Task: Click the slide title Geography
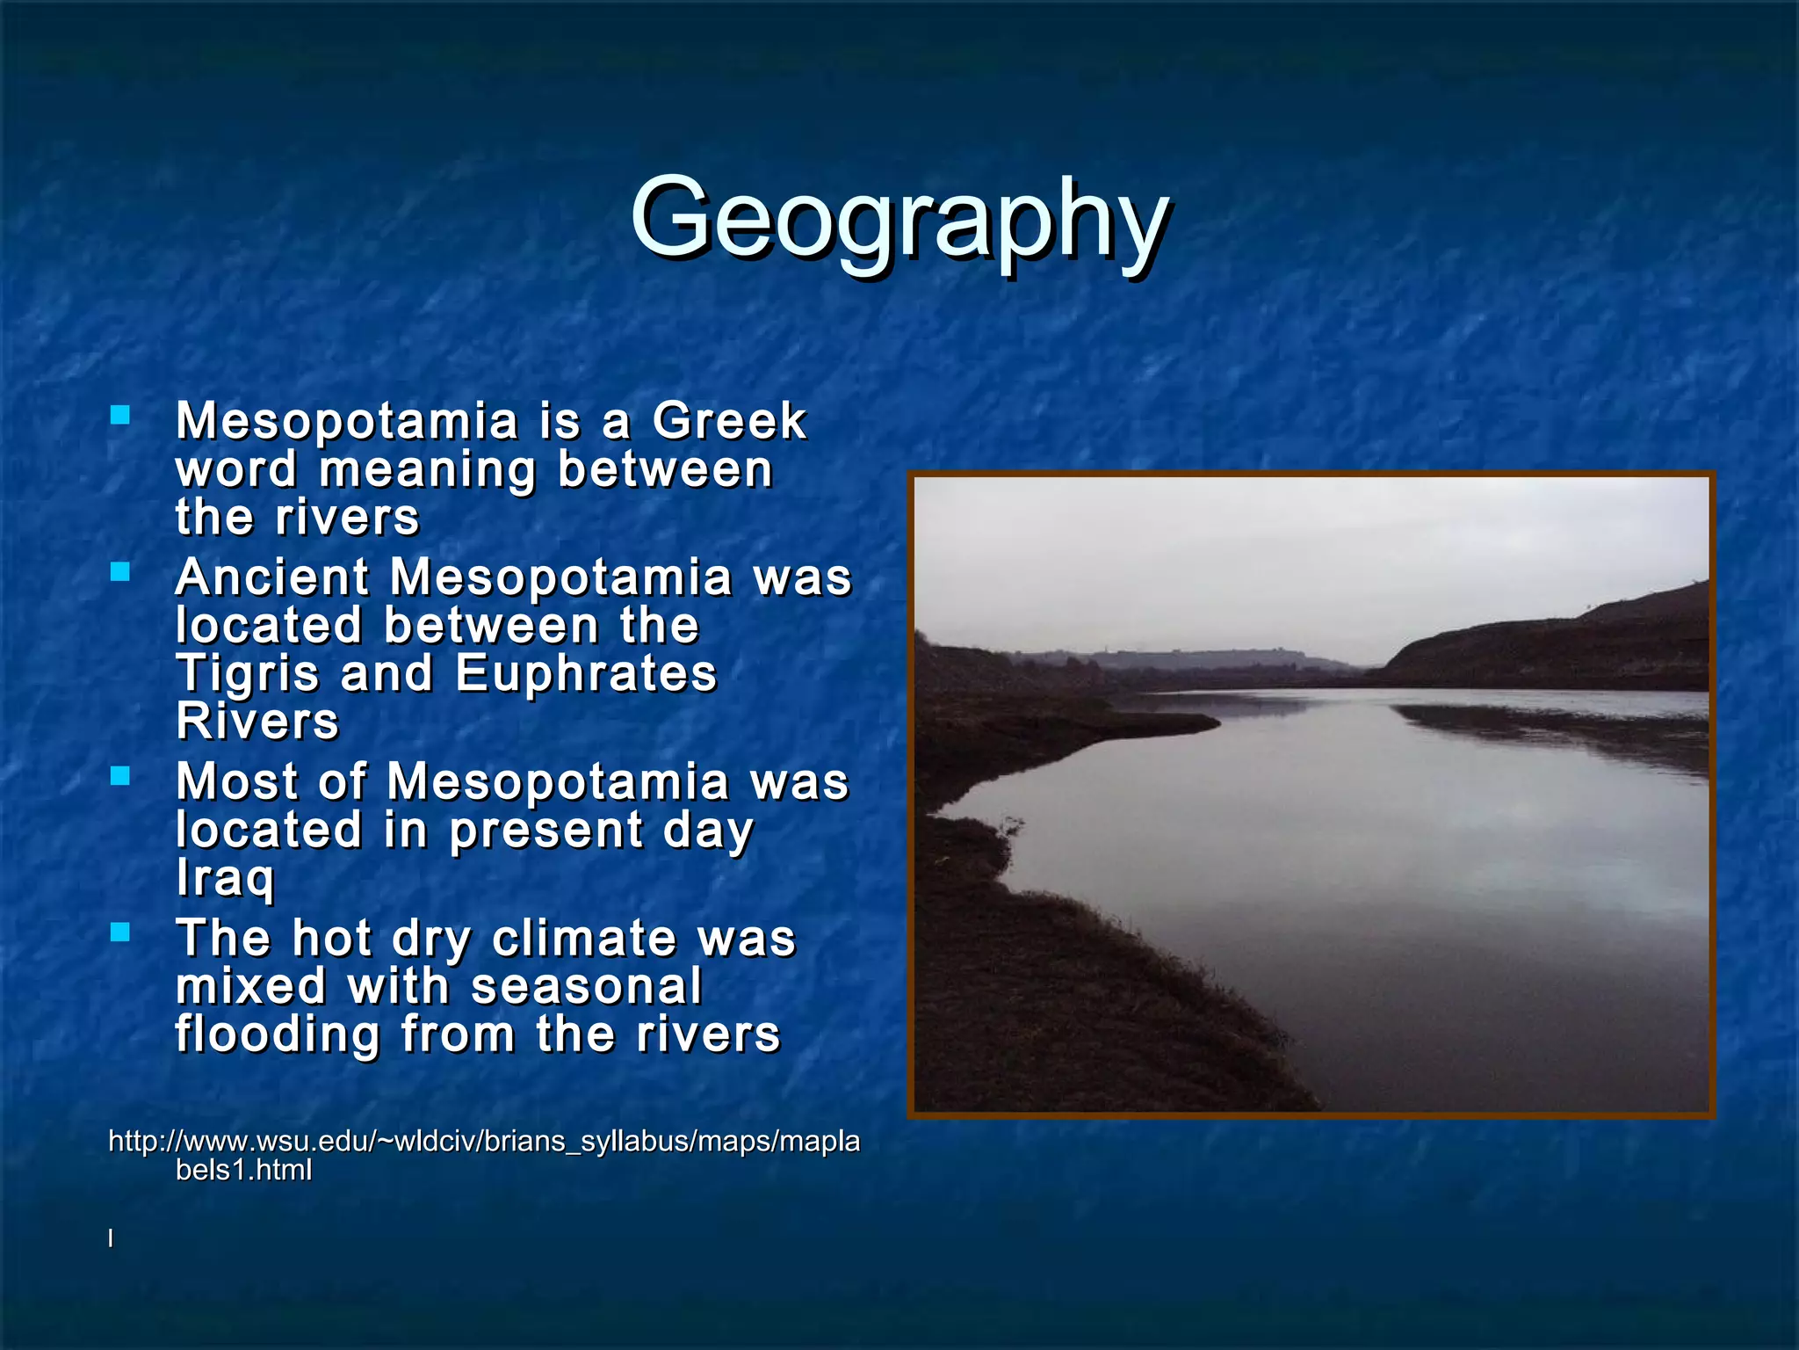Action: [899, 220]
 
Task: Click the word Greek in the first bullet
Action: [728, 421]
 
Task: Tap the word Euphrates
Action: [586, 674]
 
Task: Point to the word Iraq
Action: [225, 878]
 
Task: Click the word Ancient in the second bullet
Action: [272, 578]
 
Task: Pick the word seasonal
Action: [586, 987]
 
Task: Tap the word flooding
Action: [277, 1034]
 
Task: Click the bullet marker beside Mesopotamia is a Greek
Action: [120, 415]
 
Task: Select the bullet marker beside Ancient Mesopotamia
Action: [120, 572]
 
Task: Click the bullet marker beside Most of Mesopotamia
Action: [120, 776]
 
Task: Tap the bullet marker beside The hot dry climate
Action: [120, 933]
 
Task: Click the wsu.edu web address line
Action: [483, 1142]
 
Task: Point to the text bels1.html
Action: [243, 1171]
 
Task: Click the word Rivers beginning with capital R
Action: [256, 722]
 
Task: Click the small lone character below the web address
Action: [111, 1238]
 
